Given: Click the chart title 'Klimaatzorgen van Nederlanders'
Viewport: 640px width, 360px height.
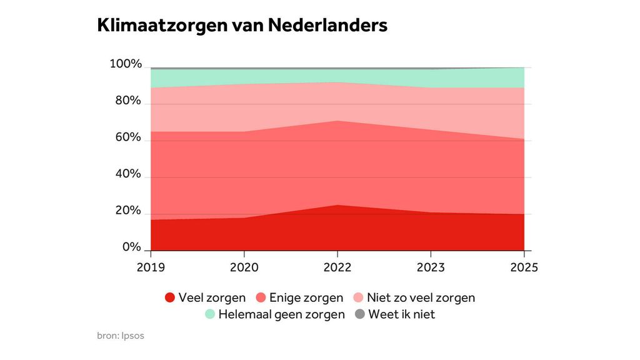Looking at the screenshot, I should coord(242,26).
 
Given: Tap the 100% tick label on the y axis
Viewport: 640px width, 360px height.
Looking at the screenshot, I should coord(126,64).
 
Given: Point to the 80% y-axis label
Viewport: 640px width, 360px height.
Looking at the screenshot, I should coord(127,101).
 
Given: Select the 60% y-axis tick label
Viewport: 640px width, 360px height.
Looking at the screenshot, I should coord(127,137).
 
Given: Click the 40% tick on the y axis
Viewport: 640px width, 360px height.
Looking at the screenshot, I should coord(127,174).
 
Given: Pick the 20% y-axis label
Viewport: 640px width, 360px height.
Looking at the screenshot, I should coord(127,211).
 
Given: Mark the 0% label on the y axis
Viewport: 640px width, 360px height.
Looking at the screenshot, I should coord(131,247).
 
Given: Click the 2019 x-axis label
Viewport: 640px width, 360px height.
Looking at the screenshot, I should coord(151,267).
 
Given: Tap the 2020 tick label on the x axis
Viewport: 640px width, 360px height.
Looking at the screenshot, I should coord(244,267).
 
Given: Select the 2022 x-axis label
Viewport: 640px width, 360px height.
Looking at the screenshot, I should coord(337,267).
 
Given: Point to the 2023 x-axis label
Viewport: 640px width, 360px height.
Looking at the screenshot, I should coord(431,267).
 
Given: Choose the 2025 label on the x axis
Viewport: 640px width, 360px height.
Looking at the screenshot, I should coord(524,267).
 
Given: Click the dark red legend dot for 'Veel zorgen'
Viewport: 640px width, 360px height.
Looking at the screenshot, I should coord(170,297).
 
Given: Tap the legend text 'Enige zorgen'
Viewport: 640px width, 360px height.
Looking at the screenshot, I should coord(306,297).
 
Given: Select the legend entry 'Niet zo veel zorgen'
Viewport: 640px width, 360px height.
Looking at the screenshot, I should coord(421,297).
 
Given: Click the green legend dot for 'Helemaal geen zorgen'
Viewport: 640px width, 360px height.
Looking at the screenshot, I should coord(210,314).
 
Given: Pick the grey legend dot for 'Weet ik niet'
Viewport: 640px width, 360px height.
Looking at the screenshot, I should coord(360,314).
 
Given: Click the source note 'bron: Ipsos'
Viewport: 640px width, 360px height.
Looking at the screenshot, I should coord(121,336).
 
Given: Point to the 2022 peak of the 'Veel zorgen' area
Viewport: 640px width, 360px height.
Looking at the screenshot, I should coord(337,206).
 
